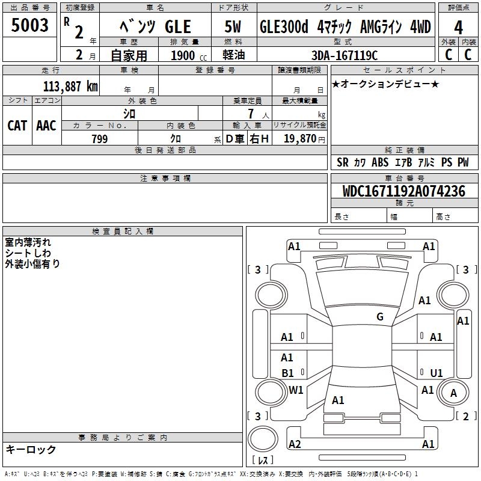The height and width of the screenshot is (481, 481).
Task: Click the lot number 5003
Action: tap(29, 25)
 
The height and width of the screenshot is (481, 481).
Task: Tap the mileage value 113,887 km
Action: tap(70, 87)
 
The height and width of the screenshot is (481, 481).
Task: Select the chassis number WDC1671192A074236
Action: tap(404, 191)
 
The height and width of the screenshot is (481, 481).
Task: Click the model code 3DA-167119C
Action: tap(345, 55)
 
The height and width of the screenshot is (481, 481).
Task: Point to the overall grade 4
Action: tap(458, 28)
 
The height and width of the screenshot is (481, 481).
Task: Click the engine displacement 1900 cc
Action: tap(189, 55)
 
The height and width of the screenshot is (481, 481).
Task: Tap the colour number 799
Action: tap(100, 139)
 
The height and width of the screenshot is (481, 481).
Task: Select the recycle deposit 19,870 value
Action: tap(299, 139)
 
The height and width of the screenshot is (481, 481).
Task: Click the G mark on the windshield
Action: tap(380, 317)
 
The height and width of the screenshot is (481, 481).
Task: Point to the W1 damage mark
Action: tap(296, 390)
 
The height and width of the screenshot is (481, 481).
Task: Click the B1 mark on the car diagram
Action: tap(287, 373)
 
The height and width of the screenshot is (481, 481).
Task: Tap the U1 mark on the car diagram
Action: tap(437, 373)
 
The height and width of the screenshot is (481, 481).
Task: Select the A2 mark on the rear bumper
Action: tap(295, 444)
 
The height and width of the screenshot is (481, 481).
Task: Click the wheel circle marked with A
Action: tap(453, 393)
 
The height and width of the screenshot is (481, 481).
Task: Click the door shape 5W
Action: tap(233, 26)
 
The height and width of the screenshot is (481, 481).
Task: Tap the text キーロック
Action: tap(31, 449)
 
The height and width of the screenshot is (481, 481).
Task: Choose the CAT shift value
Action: tap(17, 126)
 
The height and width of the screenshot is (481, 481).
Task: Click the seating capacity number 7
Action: tap(251, 114)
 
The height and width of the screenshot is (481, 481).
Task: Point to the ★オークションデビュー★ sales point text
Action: tap(385, 84)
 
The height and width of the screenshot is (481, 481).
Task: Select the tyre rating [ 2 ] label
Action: tap(465, 416)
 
